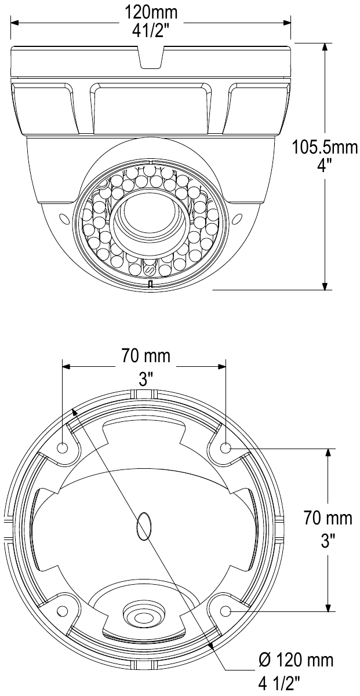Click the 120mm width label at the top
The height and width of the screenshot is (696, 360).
tap(150, 12)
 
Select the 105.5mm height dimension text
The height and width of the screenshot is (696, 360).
tap(325, 147)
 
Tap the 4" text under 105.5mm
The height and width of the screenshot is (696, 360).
tap(325, 165)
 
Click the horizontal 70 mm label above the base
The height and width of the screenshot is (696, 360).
tap(146, 355)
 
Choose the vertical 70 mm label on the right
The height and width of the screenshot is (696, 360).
tap(328, 518)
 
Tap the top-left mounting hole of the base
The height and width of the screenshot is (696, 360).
tap(63, 449)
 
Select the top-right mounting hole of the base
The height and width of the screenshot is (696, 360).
tap(226, 448)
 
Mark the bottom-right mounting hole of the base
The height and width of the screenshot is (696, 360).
tap(226, 611)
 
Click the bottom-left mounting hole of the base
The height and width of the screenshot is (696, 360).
tap(63, 611)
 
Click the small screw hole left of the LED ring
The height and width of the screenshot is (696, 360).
tap(63, 219)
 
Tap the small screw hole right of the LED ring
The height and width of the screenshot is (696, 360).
tap(237, 219)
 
